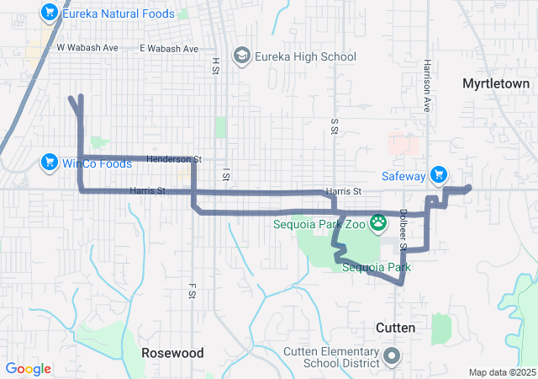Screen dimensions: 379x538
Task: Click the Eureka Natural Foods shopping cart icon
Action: [50, 13]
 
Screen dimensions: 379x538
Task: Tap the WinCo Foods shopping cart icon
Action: [48, 163]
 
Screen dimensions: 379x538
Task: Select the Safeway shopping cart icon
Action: [437, 175]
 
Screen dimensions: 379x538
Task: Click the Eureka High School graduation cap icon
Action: [242, 56]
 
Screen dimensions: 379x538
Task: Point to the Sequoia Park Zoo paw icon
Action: [380, 224]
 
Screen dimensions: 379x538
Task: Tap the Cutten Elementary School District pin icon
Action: [391, 356]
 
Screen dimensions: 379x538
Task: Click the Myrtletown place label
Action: [496, 83]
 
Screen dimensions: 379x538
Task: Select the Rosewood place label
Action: [171, 352]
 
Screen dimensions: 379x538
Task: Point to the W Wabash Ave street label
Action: [87, 48]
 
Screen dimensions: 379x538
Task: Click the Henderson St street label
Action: [174, 158]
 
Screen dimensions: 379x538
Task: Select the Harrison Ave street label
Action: [427, 76]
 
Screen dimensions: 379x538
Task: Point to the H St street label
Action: [215, 64]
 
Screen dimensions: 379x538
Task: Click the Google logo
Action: [29, 369]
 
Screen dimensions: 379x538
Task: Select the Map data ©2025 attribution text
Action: [501, 372]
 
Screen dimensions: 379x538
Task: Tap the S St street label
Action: [335, 125]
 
